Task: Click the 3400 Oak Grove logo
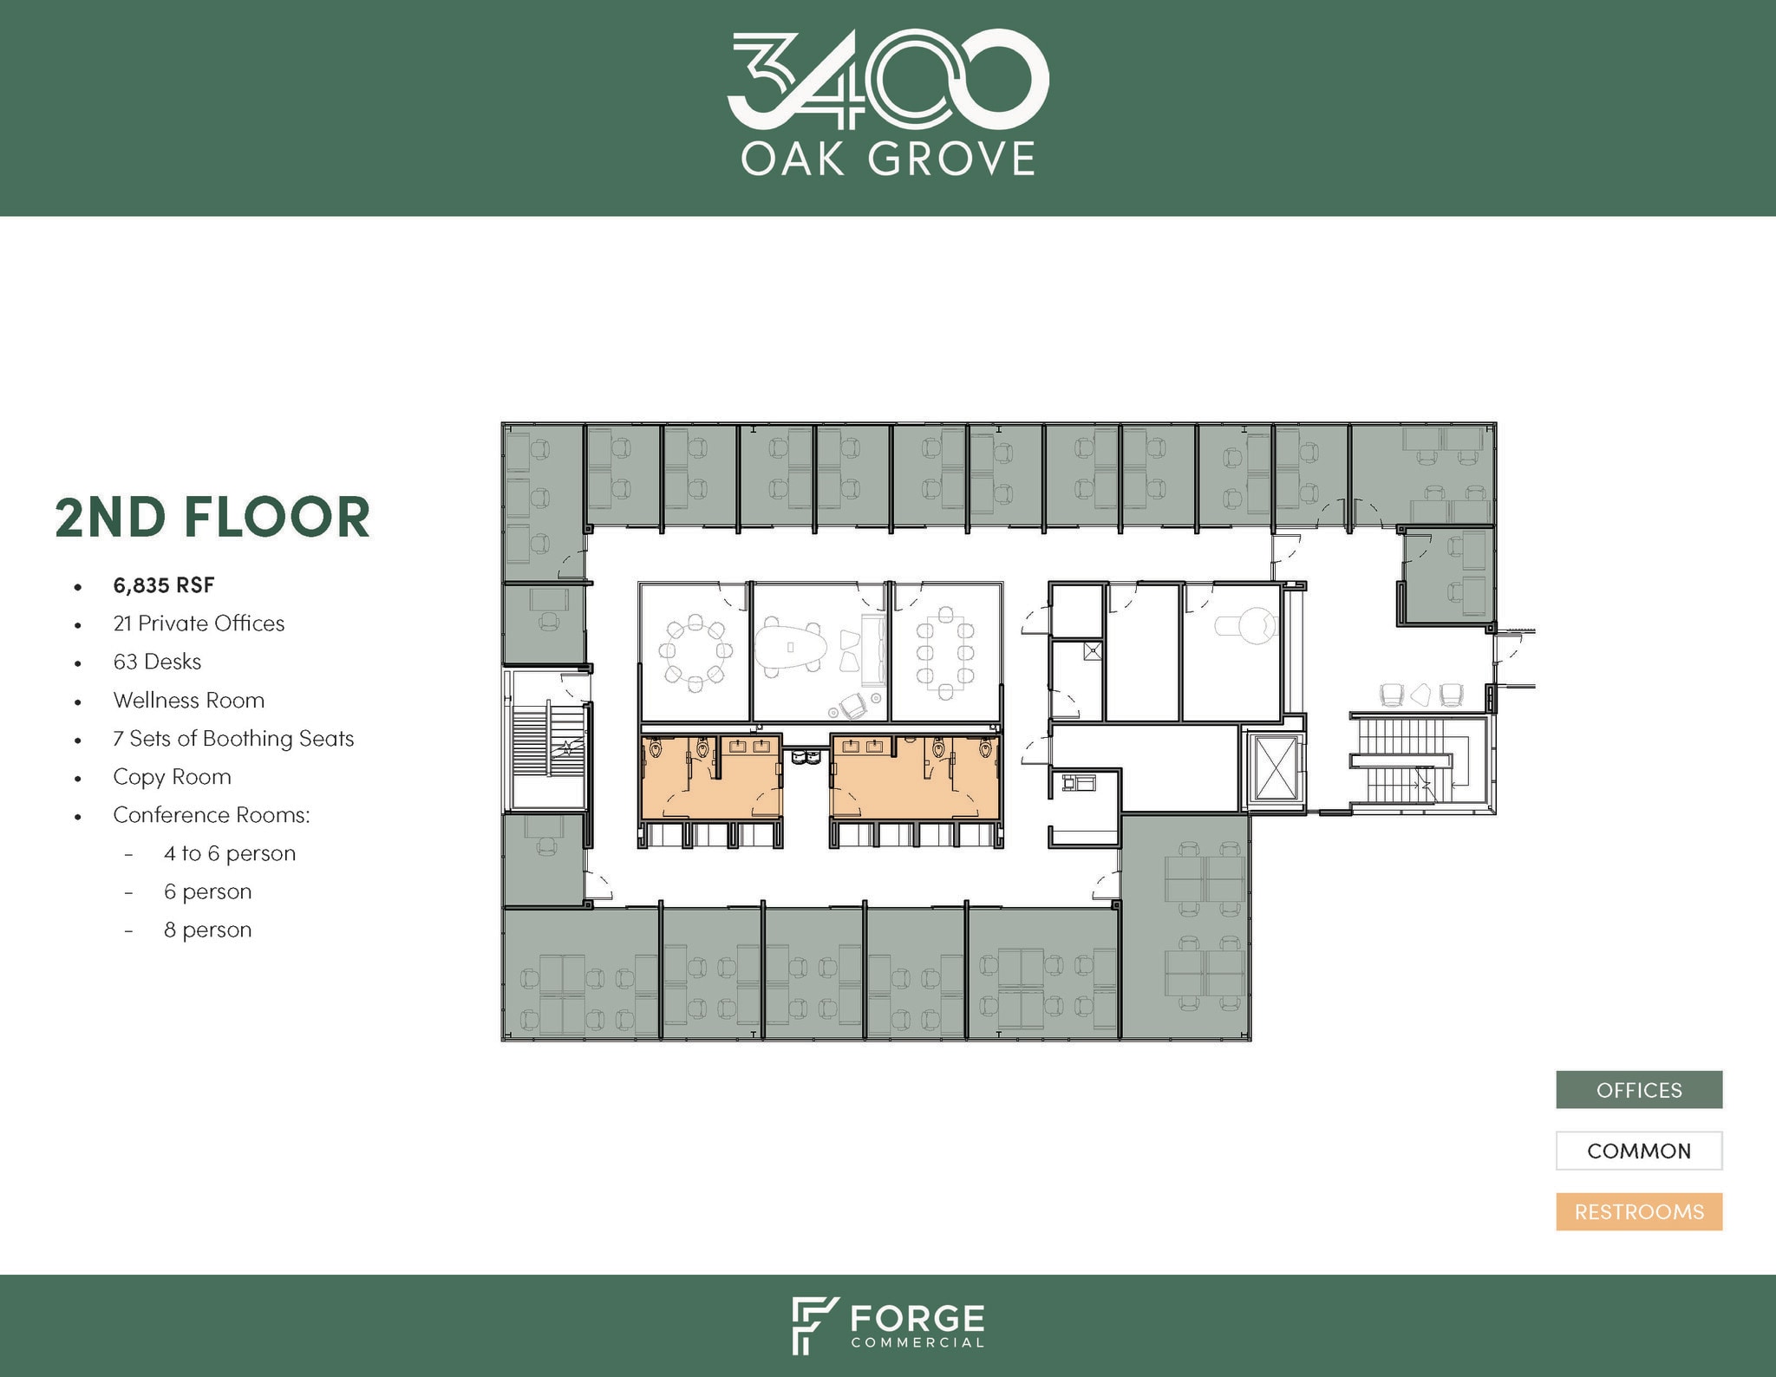point(887,104)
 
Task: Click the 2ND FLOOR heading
point(212,518)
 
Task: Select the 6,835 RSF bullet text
point(164,585)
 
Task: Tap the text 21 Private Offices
point(199,623)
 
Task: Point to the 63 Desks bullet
point(157,662)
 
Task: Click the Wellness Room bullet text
point(188,700)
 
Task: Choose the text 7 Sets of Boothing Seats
point(233,738)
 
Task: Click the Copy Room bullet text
point(172,776)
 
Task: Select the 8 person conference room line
point(207,930)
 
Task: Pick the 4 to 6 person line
point(230,853)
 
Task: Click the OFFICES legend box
point(1638,1090)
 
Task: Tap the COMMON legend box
point(1638,1151)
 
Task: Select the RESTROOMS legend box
point(1638,1211)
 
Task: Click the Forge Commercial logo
point(887,1326)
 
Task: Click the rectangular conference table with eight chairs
point(945,652)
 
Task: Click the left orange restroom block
point(711,776)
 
